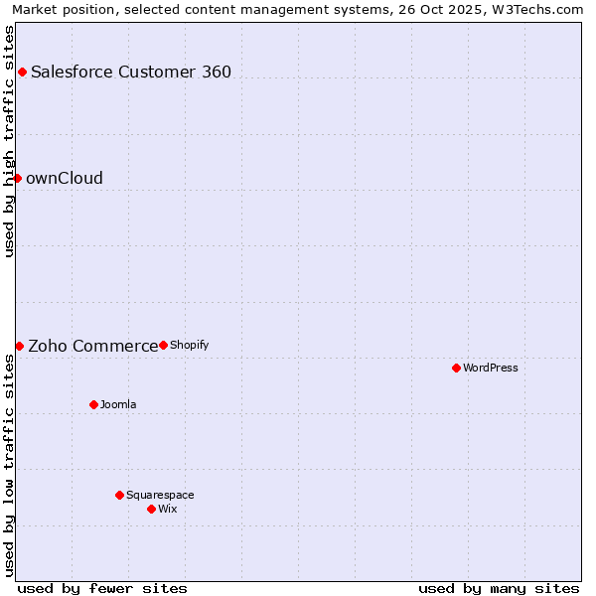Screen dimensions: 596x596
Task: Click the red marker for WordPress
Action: pos(456,368)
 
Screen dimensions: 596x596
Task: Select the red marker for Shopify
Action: pos(163,345)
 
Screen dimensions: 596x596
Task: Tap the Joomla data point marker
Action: pos(93,404)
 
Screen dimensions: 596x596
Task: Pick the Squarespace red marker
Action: pos(119,495)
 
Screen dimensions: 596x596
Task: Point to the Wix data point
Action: pos(151,509)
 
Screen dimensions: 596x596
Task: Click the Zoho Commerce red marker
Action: pos(19,346)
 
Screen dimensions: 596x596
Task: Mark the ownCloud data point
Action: pos(17,178)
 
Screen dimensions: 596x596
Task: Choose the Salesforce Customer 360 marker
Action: pos(22,72)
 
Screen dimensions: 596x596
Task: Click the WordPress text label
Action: pos(491,368)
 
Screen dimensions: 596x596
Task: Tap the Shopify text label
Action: pos(190,345)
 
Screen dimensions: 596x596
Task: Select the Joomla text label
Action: pos(118,404)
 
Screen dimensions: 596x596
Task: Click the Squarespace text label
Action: pos(160,495)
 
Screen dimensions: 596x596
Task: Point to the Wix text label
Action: pos(168,509)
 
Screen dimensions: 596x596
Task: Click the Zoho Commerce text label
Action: pos(92,346)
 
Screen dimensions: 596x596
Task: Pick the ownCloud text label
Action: pos(65,178)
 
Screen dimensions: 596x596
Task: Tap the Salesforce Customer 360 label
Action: pos(131,72)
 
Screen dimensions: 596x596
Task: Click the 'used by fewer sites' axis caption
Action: pos(102,588)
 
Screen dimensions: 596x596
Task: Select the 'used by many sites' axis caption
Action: pos(499,588)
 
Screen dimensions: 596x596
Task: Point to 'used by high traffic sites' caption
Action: pos(10,141)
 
